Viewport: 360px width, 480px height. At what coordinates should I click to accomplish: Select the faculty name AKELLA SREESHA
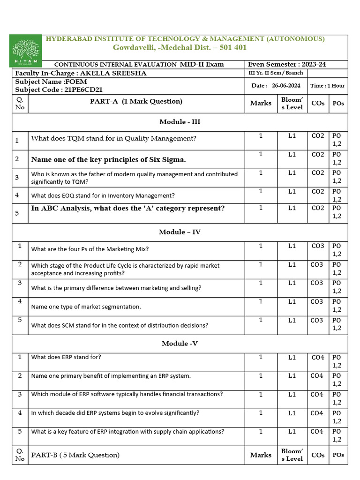click(x=120, y=73)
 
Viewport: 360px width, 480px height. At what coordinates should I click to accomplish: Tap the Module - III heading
click(x=180, y=121)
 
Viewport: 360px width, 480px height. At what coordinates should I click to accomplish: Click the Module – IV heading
click(x=180, y=232)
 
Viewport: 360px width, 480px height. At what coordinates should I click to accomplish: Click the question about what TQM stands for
click(x=113, y=138)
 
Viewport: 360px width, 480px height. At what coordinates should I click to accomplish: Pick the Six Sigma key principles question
click(x=108, y=159)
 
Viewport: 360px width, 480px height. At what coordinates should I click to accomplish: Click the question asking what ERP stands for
click(x=66, y=357)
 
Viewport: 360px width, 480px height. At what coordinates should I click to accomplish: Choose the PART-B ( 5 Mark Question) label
click(x=75, y=455)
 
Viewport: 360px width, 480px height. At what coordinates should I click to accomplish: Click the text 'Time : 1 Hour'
click(x=327, y=85)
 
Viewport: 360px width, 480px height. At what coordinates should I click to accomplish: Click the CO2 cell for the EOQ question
click(x=318, y=191)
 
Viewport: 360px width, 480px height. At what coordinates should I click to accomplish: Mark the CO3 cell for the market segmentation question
click(x=317, y=301)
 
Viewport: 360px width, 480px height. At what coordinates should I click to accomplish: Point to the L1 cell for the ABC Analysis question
click(x=292, y=208)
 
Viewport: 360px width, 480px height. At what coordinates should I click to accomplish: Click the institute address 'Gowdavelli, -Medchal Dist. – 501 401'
click(x=180, y=47)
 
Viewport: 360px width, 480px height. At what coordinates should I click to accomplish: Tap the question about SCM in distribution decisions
click(x=120, y=325)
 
